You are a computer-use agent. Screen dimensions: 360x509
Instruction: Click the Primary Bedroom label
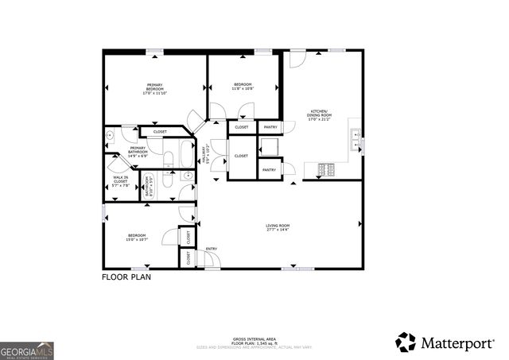pos(154,89)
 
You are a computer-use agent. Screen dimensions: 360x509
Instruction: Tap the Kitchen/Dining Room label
pos(320,114)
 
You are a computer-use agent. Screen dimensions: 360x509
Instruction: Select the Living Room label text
pos(278,228)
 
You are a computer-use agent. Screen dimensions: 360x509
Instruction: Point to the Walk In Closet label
pos(120,180)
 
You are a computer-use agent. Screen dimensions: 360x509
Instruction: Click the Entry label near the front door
pos(212,249)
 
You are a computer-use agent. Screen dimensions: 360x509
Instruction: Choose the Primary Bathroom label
pos(138,151)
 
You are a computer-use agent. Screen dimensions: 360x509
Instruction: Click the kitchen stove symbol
pos(327,168)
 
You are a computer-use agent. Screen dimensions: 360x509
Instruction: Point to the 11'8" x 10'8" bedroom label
pos(243,87)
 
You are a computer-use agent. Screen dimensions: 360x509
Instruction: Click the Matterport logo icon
pos(406,342)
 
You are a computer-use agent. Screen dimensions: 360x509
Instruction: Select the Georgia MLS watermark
pos(27,350)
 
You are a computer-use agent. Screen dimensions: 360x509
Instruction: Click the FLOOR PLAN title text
pos(126,278)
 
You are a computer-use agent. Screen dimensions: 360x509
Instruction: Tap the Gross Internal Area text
pos(254,339)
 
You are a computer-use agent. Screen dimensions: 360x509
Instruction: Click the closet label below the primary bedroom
pos(160,131)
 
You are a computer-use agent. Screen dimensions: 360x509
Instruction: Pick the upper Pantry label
pos(270,127)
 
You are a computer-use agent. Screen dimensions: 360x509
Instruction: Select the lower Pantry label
pos(270,169)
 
